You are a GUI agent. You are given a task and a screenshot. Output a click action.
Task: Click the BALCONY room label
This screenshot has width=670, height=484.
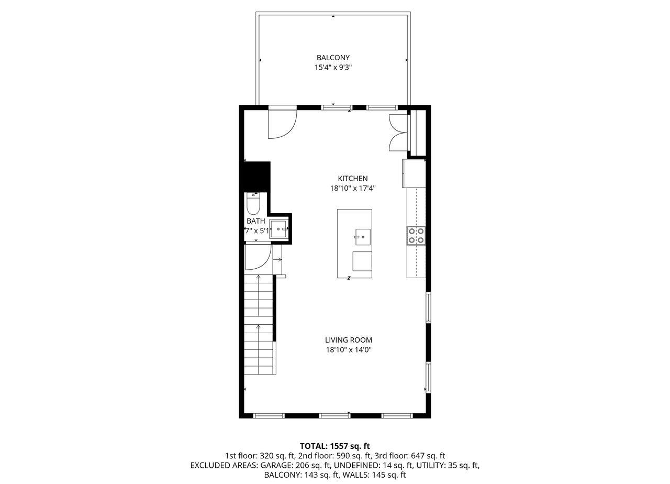click(333, 58)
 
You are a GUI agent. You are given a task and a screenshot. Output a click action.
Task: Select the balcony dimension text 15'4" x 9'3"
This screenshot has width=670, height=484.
click(333, 67)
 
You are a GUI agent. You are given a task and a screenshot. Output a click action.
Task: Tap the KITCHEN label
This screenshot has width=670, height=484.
click(352, 179)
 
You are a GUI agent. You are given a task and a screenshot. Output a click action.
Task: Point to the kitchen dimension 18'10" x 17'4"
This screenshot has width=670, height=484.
click(352, 188)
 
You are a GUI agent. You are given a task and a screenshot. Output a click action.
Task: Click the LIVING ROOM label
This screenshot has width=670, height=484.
click(348, 340)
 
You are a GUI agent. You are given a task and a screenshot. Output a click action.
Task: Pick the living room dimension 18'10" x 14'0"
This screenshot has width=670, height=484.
click(348, 349)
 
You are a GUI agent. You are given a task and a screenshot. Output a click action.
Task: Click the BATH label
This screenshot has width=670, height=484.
click(256, 221)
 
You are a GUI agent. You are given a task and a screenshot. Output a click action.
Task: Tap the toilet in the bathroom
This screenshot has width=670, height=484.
click(253, 205)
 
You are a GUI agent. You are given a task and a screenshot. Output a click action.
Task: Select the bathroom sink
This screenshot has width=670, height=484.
click(278, 229)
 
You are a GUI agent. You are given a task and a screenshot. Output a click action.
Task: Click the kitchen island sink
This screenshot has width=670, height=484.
click(362, 237)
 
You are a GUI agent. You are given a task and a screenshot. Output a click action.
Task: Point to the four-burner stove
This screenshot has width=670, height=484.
click(416, 235)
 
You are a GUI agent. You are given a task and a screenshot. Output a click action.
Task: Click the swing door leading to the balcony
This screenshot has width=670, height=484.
click(282, 124)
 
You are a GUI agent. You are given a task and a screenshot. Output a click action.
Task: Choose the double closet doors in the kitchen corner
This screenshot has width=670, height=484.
click(397, 133)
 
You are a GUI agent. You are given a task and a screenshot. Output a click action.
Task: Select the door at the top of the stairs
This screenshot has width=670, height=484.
click(257, 257)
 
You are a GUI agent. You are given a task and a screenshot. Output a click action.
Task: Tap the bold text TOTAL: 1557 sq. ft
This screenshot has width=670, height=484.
click(334, 446)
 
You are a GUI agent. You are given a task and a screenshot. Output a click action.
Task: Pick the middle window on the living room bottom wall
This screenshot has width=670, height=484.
click(334, 416)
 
